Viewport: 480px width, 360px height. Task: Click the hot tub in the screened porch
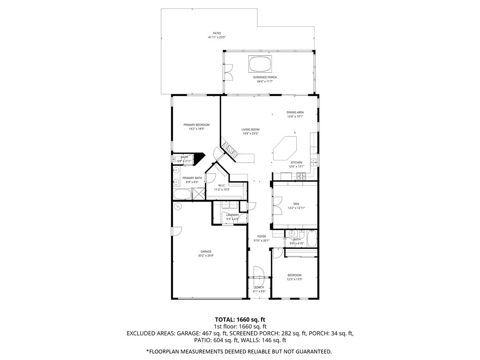pos(260,63)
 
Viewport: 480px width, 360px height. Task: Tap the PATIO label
pos(217,33)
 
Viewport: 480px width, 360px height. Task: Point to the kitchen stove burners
pos(300,176)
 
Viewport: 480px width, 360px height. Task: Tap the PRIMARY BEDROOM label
pos(196,125)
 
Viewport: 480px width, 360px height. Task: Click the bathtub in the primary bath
pos(182,194)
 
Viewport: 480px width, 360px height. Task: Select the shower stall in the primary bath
pos(199,194)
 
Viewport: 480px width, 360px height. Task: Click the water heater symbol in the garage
pos(178,206)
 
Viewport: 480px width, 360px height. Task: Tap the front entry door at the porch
pos(258,274)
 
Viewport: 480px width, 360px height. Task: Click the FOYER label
pos(262,237)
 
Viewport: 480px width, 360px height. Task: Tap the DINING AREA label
pos(295,112)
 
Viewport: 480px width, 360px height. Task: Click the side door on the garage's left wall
pos(177,232)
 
